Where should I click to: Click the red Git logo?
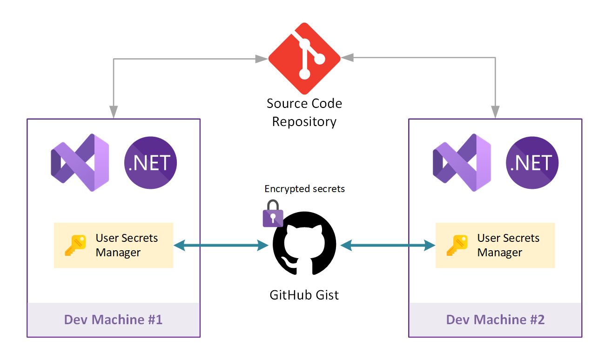(x=304, y=58)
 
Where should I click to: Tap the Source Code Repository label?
(x=304, y=113)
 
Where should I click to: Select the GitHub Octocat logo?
(x=304, y=245)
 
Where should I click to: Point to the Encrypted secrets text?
(x=305, y=189)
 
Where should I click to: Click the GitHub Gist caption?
(x=304, y=295)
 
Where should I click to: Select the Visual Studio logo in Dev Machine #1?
(x=80, y=162)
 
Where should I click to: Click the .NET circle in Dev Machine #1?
(x=150, y=162)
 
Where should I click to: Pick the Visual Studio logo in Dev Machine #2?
(x=462, y=162)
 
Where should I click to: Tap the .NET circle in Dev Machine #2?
(x=532, y=162)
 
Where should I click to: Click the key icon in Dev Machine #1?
(x=75, y=245)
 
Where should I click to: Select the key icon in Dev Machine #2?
(x=457, y=245)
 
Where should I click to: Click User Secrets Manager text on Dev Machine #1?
(x=127, y=245)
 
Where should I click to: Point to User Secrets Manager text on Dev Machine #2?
(x=508, y=245)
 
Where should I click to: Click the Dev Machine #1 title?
(x=113, y=320)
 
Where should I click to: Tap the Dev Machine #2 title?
(x=495, y=320)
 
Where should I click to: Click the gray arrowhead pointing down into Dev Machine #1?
(x=114, y=113)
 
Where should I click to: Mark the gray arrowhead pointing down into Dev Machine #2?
(x=495, y=113)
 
